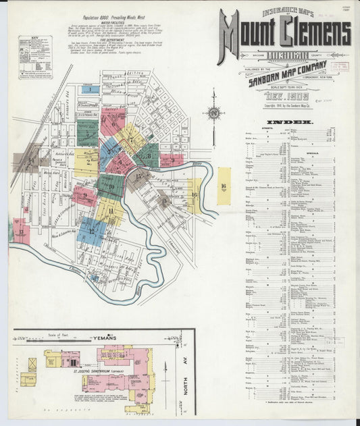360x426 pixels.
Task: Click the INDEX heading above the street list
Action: [x=293, y=122]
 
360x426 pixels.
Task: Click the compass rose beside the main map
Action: [x=215, y=113]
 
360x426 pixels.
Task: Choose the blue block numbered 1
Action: [x=92, y=89]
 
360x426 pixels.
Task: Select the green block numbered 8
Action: [x=147, y=155]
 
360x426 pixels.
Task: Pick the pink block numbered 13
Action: [x=21, y=232]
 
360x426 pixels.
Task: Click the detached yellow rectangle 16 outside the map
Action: [x=223, y=186]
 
